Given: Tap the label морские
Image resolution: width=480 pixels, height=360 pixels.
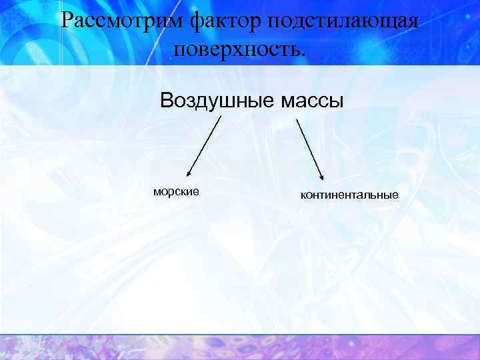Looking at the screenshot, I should [176, 191].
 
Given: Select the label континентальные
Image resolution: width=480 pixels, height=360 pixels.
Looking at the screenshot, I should [349, 195].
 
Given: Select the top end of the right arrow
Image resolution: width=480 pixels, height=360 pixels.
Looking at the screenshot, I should [297, 119].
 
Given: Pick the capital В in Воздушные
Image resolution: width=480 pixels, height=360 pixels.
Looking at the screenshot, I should [166, 101].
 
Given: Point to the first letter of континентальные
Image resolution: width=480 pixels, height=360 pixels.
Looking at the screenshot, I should [303, 195].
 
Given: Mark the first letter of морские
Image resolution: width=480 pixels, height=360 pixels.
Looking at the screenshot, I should [157, 191].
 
